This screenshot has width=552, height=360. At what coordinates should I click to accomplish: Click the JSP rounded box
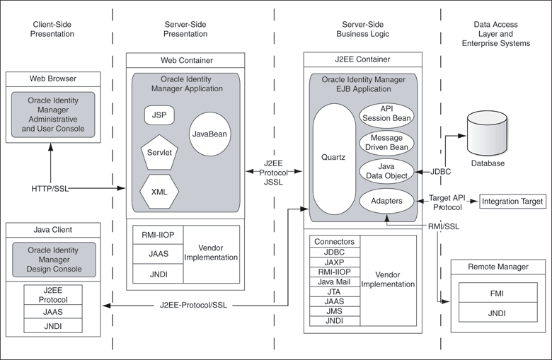coord(159,115)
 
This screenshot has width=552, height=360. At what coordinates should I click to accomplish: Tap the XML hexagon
coord(159,190)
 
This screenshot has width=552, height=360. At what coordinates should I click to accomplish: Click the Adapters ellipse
coord(387,201)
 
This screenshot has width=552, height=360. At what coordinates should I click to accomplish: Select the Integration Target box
coord(512,202)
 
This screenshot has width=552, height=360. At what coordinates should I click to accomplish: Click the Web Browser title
coord(53,78)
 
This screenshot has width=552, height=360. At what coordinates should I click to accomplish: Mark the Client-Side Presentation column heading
coord(53,28)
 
